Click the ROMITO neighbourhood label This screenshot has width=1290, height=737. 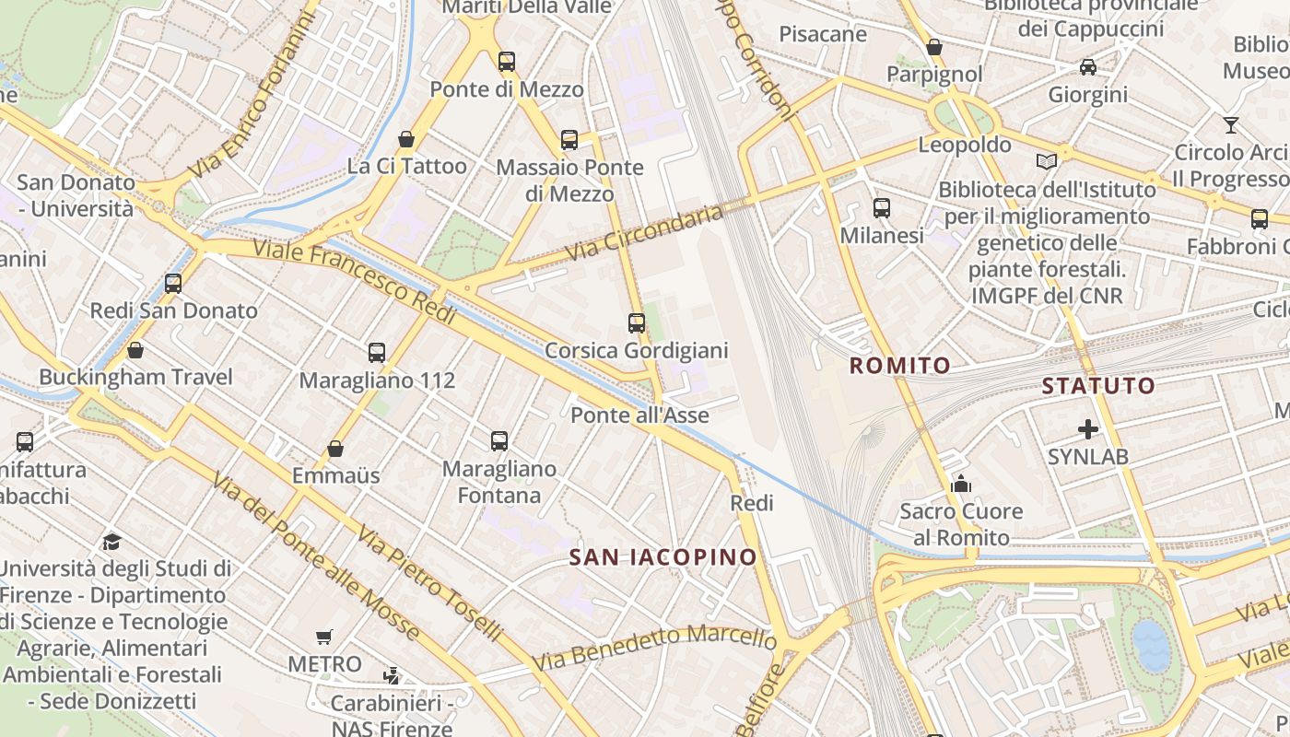pos(899,366)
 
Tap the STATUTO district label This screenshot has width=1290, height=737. pos(1098,386)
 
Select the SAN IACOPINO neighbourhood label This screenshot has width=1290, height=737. pos(663,557)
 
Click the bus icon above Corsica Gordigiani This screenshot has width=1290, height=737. pos(637,323)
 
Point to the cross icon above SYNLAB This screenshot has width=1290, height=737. pos(1088,429)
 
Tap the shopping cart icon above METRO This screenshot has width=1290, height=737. pos(323,638)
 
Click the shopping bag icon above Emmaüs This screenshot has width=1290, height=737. pos(335,449)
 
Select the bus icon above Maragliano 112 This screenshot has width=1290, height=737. pos(376,352)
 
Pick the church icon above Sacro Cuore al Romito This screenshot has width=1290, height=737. pos(961,484)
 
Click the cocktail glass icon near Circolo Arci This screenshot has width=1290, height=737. pos(1231,125)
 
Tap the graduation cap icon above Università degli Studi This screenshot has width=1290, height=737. pos(112,541)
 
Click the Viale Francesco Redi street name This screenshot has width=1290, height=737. pos(355,281)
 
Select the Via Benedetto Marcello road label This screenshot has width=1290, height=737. pos(654,648)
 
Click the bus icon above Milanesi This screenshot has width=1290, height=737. pos(882,208)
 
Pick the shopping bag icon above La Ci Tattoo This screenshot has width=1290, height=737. pos(406,139)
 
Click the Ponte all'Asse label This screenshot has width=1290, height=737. pos(639,415)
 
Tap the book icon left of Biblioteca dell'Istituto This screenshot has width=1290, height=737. pos(1047,162)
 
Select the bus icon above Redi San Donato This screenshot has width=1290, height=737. pos(173,284)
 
